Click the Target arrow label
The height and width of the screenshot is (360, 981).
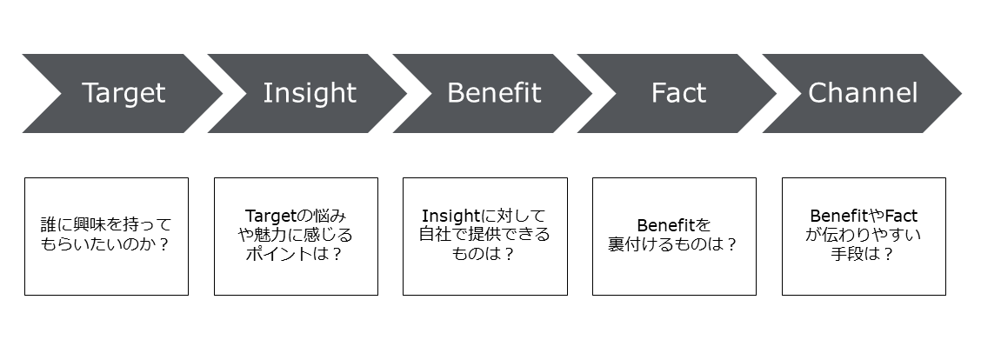123,93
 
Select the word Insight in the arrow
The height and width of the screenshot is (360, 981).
310,93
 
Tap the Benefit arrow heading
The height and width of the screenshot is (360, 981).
493,93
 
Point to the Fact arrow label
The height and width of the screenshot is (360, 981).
678,93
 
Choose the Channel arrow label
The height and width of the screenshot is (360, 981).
862,93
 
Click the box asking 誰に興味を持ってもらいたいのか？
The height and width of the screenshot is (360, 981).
106,236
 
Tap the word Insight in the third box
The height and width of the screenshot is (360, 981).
450,216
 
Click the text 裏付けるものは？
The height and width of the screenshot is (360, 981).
673,245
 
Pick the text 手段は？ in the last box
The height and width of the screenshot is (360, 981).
864,255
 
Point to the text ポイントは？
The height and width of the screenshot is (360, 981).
296,255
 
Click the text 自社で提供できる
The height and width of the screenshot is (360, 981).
484,236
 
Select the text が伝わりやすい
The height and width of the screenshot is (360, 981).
864,236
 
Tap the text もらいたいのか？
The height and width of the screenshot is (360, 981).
106,245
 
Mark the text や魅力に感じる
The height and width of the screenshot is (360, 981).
296,236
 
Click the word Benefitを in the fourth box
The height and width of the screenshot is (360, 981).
673,225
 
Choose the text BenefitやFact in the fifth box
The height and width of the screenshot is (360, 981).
864,216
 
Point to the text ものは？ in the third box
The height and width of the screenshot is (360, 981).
484,255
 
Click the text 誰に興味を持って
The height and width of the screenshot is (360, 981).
106,225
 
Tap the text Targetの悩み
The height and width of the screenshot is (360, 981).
296,216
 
